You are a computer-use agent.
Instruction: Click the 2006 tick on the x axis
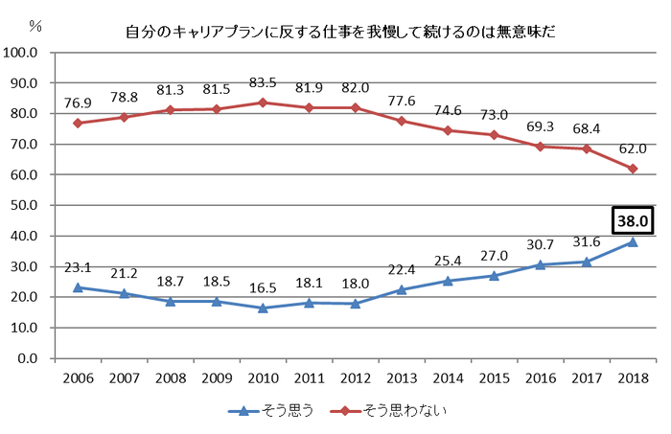(79, 379)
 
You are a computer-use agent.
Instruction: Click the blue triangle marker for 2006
(79, 287)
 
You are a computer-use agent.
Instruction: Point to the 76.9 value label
(79, 103)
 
